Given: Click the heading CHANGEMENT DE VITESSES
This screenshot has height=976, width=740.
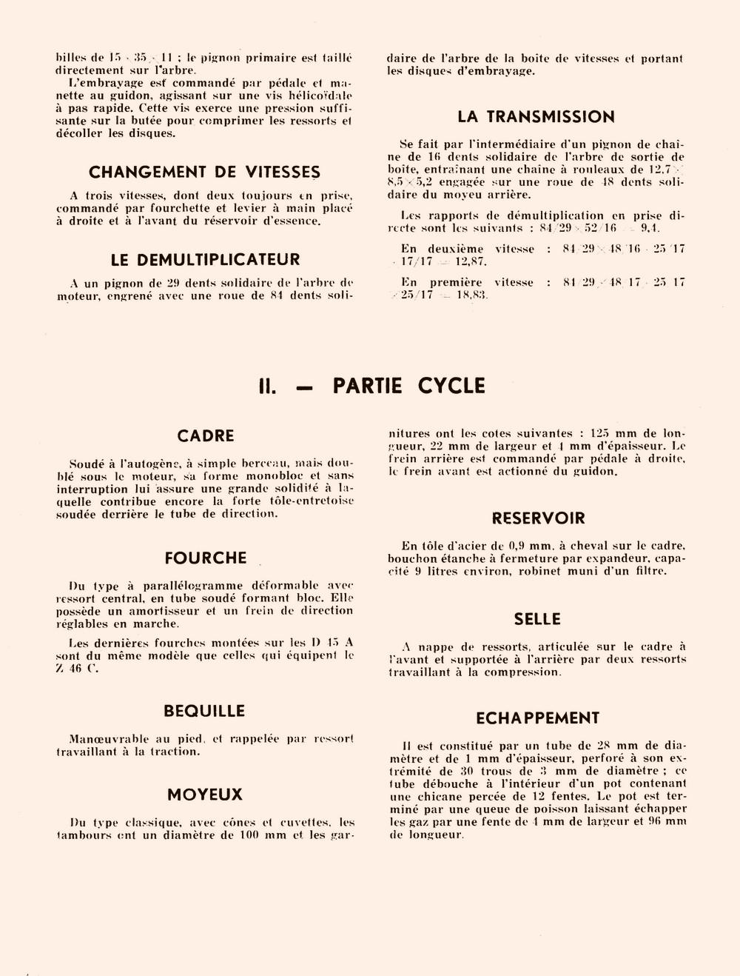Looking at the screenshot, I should click(204, 173).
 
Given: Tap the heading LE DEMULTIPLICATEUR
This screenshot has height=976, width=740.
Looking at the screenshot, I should click(205, 260).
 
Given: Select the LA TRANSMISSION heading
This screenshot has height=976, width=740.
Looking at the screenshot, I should click(536, 117).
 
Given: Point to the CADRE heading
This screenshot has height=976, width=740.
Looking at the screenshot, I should click(206, 436).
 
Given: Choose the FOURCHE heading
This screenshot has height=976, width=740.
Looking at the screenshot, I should click(206, 558).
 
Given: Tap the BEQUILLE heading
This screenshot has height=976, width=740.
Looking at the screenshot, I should click(204, 712).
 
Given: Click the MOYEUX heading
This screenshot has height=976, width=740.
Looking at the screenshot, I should click(205, 795).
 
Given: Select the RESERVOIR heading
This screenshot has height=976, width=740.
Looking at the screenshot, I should click(538, 518).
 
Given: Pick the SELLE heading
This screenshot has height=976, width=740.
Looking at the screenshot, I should click(537, 620).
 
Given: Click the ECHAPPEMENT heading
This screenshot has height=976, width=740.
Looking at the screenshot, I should click(537, 718).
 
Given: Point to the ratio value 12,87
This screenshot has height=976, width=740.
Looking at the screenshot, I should click(471, 262).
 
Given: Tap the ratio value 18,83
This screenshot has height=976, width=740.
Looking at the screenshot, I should click(472, 295).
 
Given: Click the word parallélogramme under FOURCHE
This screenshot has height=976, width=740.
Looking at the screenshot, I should click(192, 586).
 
